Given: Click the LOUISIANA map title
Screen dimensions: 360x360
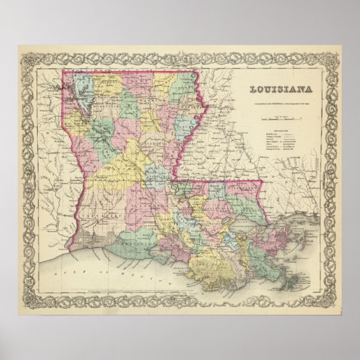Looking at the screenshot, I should click(x=280, y=89).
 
